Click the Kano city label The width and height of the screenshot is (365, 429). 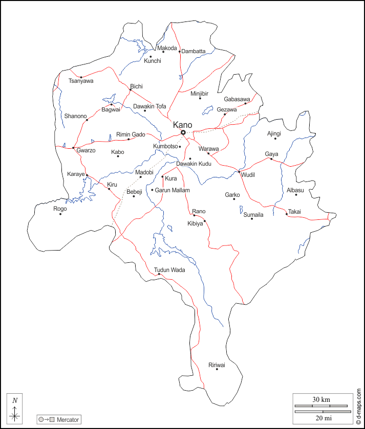(x=183, y=125)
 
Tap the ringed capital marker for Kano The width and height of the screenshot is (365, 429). (x=183, y=133)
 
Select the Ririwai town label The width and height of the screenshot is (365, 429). (x=217, y=365)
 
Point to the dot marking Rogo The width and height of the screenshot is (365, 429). (x=60, y=214)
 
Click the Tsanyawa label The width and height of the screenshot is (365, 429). (x=81, y=81)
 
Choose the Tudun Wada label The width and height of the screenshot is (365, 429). (x=169, y=269)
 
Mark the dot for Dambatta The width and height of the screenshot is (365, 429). (x=180, y=51)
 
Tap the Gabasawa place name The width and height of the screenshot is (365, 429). (x=237, y=99)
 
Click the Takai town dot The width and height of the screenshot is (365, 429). (x=287, y=214)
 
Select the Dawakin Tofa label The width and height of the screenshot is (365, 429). (x=149, y=106)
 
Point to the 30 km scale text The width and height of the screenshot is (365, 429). (x=321, y=399)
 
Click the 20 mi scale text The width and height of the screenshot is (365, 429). (x=322, y=418)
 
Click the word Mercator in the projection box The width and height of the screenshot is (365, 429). (x=68, y=420)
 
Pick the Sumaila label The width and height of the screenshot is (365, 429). (x=253, y=215)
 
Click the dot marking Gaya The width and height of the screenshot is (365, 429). (x=271, y=159)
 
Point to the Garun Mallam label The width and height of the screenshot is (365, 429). (x=172, y=190)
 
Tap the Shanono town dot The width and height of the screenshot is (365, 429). (x=87, y=120)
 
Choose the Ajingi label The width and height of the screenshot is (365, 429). (x=274, y=133)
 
